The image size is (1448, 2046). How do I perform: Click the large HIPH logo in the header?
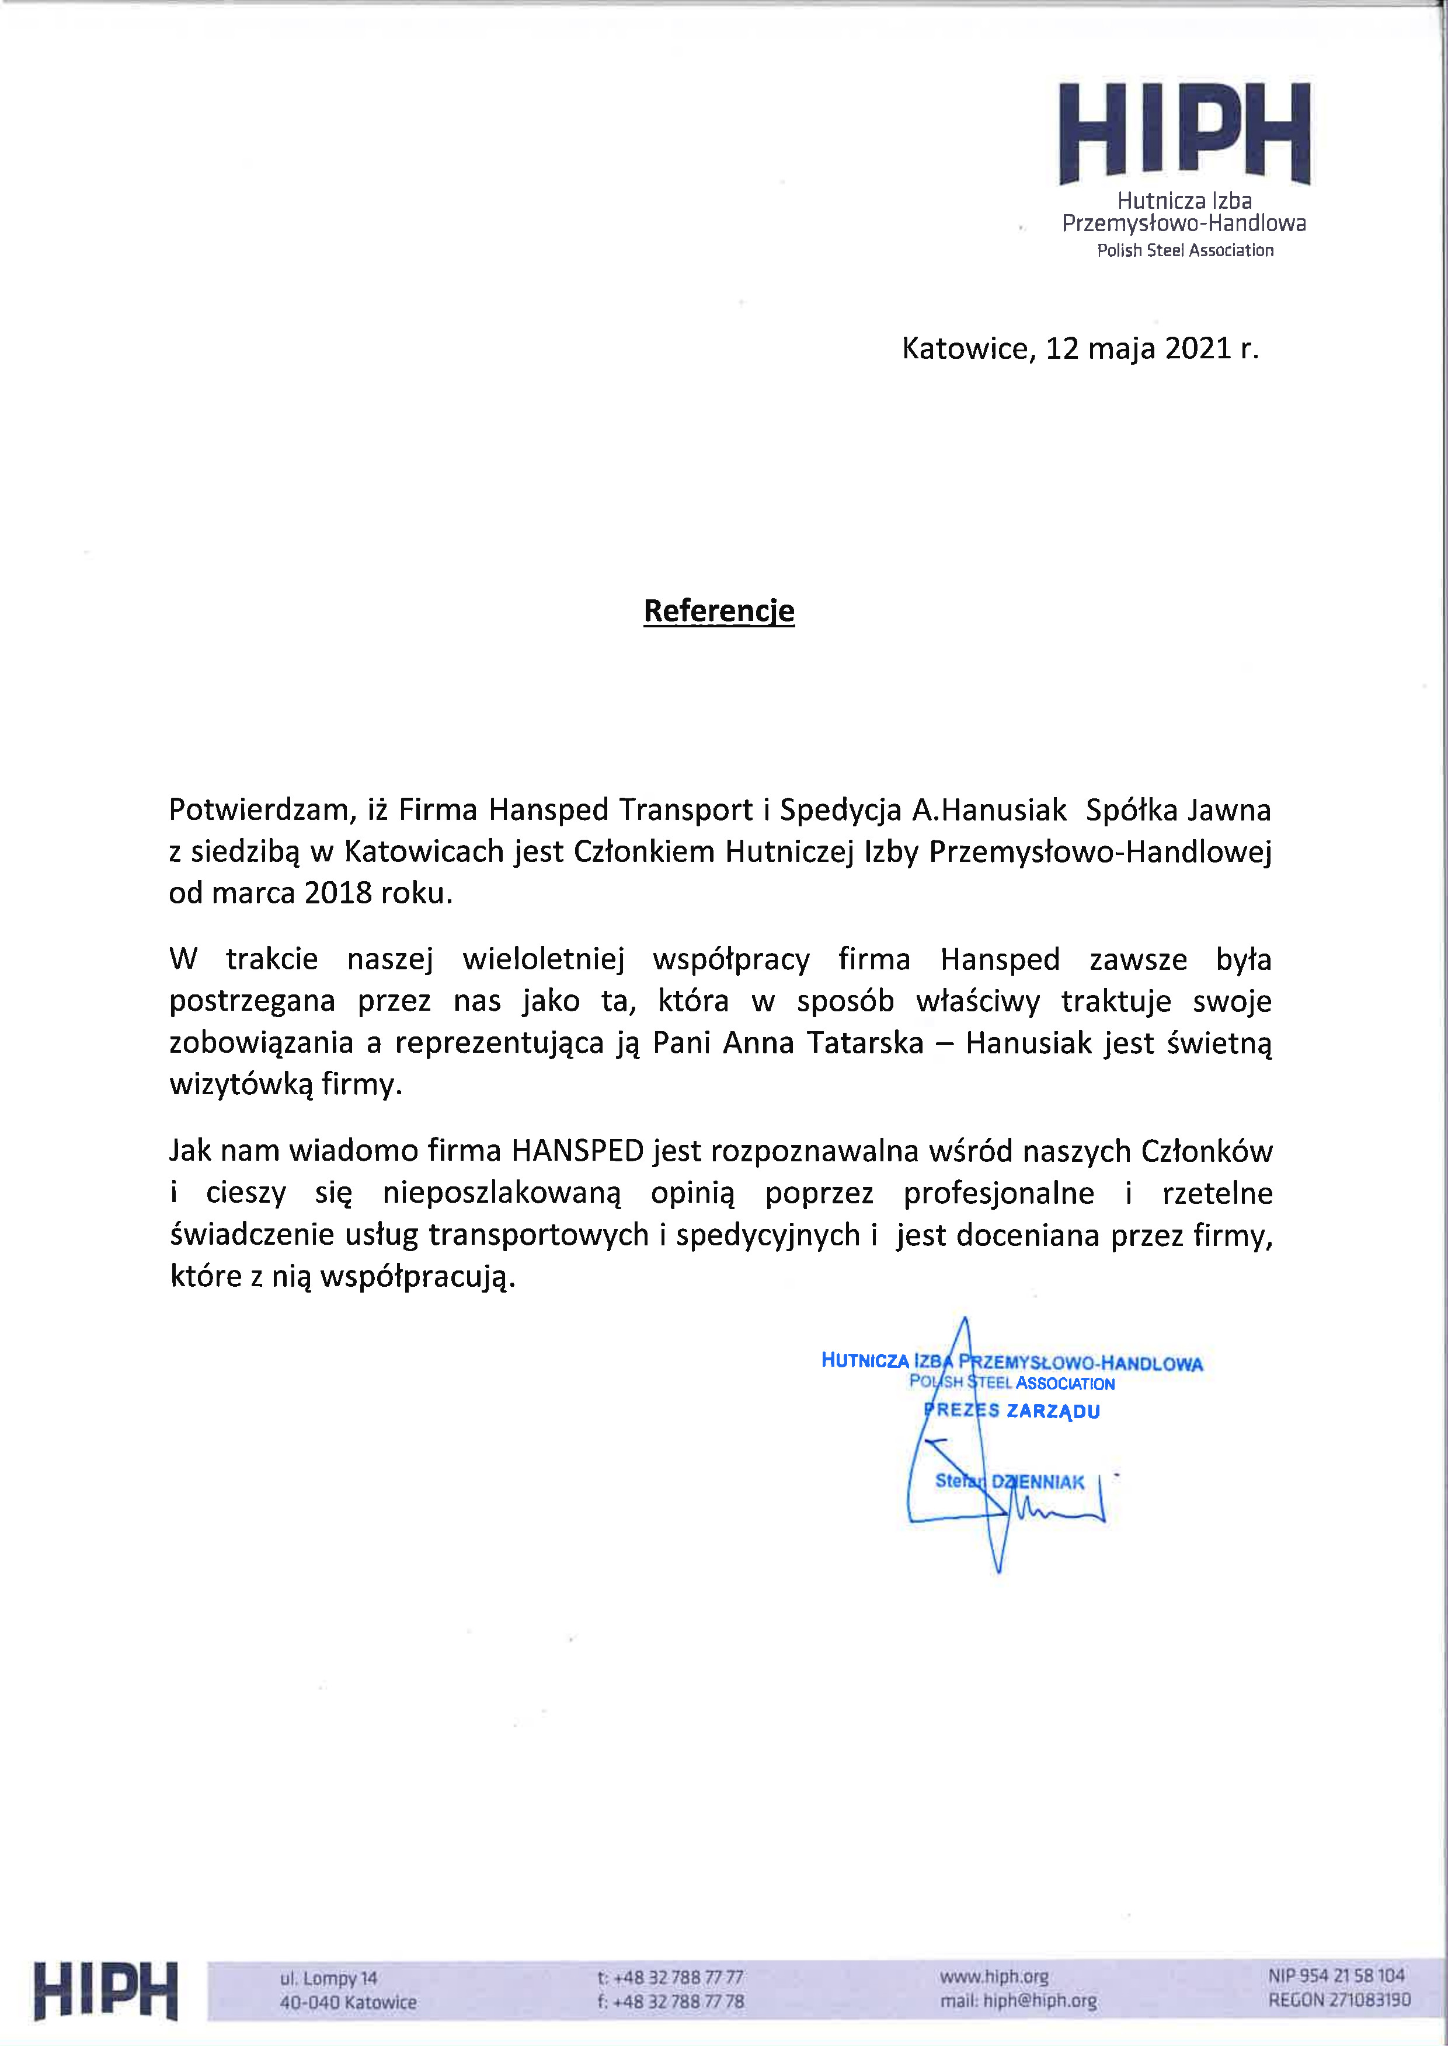pyautogui.click(x=1184, y=134)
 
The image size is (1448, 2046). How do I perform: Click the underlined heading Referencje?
pyautogui.click(x=719, y=612)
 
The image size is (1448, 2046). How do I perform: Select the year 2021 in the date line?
pyautogui.click(x=1198, y=348)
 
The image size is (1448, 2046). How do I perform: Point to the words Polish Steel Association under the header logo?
pyautogui.click(x=1185, y=250)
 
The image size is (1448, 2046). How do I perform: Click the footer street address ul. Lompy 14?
pyautogui.click(x=329, y=1978)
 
